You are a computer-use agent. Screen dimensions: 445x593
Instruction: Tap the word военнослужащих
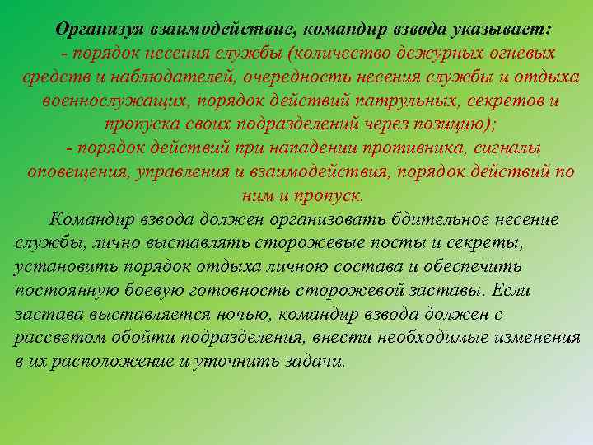point(110,101)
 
